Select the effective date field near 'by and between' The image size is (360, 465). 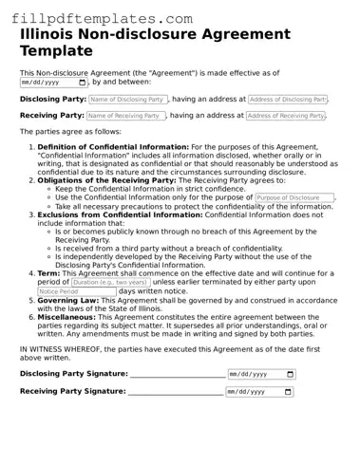[x=54, y=83]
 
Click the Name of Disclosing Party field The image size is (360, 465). [x=127, y=99]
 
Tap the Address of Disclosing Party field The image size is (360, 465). [x=287, y=99]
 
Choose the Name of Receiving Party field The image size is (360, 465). [x=126, y=116]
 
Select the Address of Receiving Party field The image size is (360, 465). [x=286, y=116]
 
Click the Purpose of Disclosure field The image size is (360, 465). [x=294, y=198]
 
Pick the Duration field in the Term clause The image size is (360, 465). [x=111, y=282]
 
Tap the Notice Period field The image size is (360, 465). [x=76, y=291]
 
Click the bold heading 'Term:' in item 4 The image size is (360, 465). [x=48, y=273]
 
